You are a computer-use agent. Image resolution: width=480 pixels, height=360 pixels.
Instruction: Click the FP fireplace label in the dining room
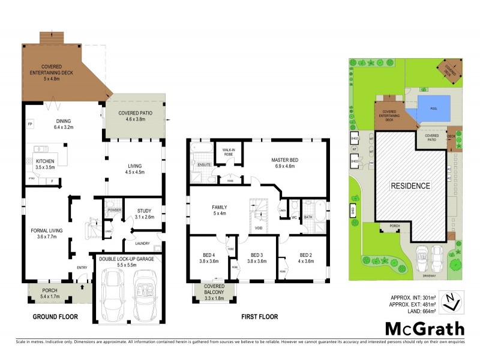tap(29, 124)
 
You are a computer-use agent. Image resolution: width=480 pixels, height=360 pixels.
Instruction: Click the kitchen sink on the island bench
tap(41, 148)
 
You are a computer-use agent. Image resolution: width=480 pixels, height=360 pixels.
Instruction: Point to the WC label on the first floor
tap(294, 217)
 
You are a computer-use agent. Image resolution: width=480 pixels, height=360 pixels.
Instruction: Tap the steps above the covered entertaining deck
tap(52, 37)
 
